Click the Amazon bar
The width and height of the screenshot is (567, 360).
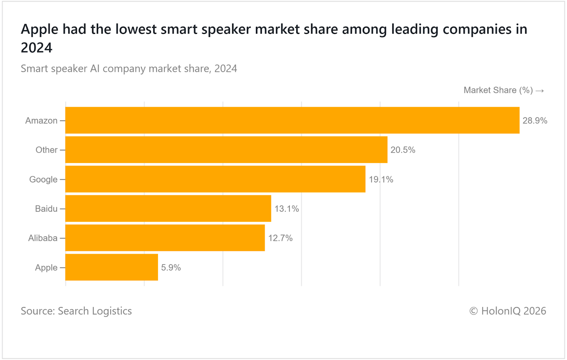292,120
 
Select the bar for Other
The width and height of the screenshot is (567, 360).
226,150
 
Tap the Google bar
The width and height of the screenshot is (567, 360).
215,179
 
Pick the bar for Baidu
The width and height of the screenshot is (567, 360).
168,209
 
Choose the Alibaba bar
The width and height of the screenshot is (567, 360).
165,238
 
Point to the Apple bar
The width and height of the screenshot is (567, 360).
112,267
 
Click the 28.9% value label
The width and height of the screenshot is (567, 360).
535,121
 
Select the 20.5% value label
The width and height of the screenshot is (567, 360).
403,150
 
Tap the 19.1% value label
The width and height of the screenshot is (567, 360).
381,180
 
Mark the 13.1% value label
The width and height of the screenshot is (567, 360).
286,209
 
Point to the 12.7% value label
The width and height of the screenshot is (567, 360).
280,238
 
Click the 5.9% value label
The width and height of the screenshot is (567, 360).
171,268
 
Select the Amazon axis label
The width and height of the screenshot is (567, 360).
41,121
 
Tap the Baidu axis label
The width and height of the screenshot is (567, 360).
46,209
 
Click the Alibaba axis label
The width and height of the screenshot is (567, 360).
43,238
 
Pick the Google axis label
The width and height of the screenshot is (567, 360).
43,180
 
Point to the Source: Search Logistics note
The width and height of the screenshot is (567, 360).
76,311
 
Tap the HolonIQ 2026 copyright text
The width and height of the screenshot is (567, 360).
507,311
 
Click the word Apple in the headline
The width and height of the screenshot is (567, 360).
39,29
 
